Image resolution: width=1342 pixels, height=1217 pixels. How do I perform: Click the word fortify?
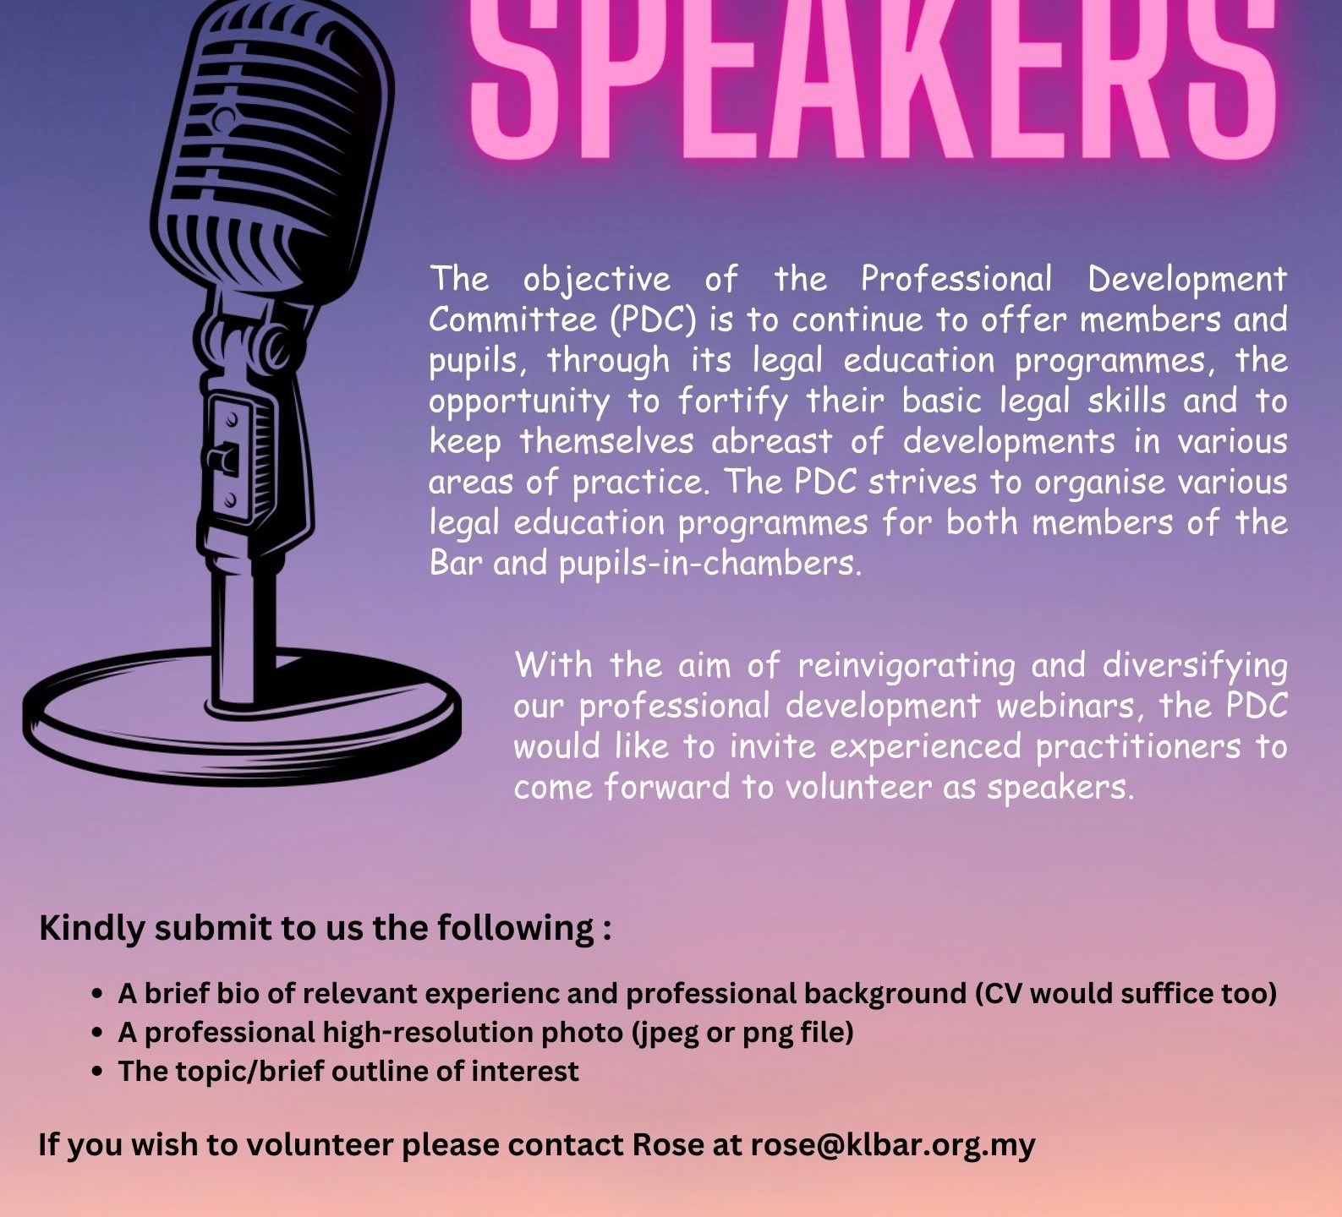pyautogui.click(x=733, y=401)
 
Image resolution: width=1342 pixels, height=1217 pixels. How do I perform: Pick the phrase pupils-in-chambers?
pyautogui.click(x=710, y=564)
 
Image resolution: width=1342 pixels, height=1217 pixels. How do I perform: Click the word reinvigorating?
pyautogui.click(x=907, y=667)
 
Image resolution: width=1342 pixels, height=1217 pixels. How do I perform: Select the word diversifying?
pyautogui.click(x=1195, y=667)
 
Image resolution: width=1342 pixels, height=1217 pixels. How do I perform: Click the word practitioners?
pyautogui.click(x=1138, y=747)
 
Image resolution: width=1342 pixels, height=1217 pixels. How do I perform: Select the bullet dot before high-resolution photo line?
pyautogui.click(x=97, y=1033)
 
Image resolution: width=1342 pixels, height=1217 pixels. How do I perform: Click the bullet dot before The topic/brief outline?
pyautogui.click(x=97, y=1072)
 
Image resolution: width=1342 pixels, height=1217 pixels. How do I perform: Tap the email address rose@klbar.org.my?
pyautogui.click(x=893, y=1145)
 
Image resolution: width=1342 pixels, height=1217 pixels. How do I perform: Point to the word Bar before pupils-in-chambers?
pyautogui.click(x=456, y=563)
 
